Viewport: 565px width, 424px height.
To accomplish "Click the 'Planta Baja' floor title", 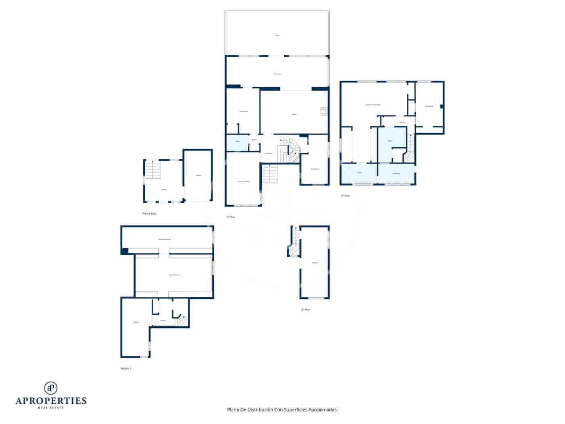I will pos(149,213).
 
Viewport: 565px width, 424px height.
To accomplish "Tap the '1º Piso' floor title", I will pos(230,217).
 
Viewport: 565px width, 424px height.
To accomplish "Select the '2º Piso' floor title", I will pos(306,310).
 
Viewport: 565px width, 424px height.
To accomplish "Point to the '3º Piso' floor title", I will pos(345,196).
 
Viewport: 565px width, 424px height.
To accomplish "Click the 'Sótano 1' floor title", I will pos(126,368).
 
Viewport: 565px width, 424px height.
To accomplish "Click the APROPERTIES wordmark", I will pos(51,401).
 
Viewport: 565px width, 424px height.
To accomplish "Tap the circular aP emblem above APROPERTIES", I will pos(51,388).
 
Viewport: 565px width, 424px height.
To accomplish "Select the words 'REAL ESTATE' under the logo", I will pos(51,408).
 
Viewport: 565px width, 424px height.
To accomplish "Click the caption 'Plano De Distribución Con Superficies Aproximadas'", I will pos(282,409).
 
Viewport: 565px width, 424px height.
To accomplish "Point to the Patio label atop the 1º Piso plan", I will pos(277,36).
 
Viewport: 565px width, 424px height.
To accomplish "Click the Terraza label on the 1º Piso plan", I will pos(277,74).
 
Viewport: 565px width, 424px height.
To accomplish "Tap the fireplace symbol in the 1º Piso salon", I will pos(323,111).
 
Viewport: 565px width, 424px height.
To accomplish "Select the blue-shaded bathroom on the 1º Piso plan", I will pos(237,141).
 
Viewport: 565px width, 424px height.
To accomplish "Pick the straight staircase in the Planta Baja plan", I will pos(153,170).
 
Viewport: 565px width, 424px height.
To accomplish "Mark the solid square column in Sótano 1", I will pos(124,251).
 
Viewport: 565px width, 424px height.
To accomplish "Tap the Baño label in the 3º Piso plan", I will pos(390,141).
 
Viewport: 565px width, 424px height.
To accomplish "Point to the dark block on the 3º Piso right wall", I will pos(442,106).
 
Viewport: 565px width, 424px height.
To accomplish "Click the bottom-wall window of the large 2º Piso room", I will pos(317,298).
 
